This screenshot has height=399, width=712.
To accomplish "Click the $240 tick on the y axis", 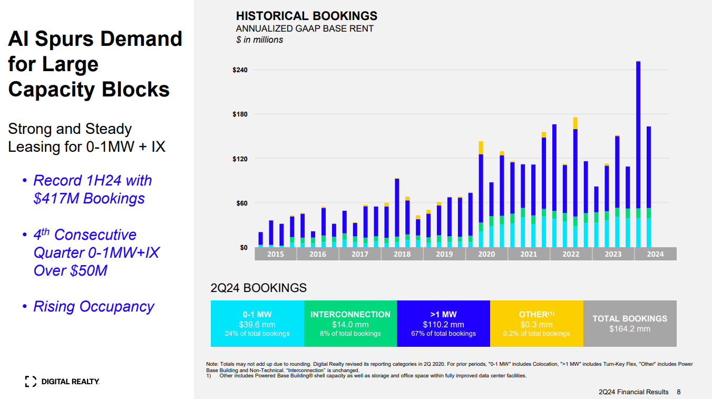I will pos(240,70).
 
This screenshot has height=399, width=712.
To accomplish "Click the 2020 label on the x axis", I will pos(486,254).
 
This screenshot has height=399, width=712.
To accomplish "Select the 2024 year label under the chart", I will pos(655,254).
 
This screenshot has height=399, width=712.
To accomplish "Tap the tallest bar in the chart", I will pos(638,153).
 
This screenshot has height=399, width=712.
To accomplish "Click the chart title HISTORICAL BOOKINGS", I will pos(306,16).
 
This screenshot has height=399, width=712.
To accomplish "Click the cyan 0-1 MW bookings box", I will pos(257,323).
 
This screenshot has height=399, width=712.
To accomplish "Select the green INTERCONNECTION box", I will pos(350,323).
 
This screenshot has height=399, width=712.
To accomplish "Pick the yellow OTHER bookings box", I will pos(537,323).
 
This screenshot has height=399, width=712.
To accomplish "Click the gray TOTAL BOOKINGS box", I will pos(630,323).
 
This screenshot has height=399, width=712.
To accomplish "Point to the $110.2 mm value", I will pos(443,325).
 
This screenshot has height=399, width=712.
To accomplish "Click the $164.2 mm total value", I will pos(630,329).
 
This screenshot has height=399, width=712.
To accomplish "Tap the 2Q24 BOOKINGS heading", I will pos(258,288).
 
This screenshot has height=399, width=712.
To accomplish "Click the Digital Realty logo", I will pos(62,381).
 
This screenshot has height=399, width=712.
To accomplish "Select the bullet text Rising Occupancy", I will pos(94,306).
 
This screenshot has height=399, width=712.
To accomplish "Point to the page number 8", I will pos(679,392).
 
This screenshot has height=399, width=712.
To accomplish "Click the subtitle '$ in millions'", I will pos(259,40).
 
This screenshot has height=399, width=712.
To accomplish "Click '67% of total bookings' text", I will pos(443,334).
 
